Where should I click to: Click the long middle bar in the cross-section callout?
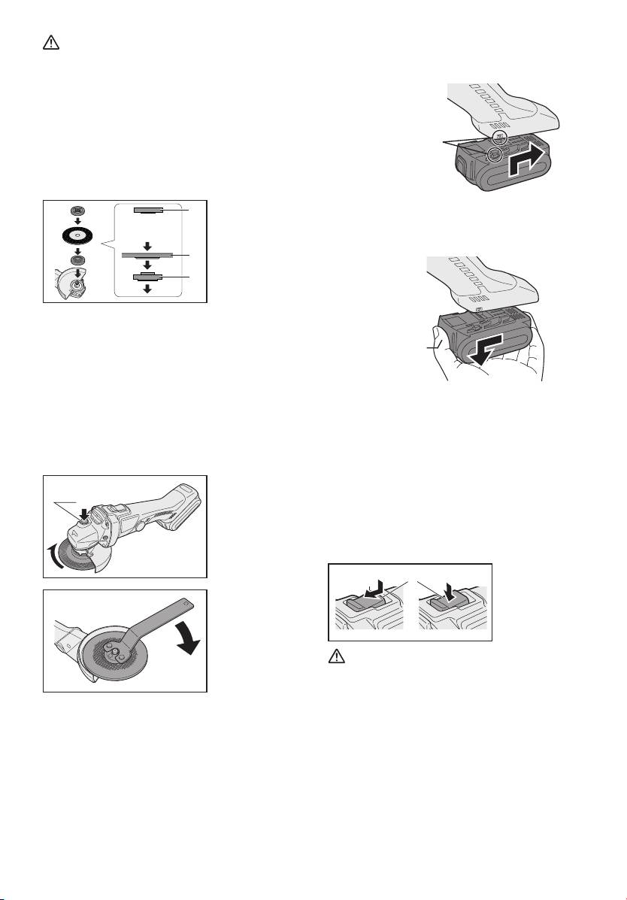pyautogui.click(x=147, y=256)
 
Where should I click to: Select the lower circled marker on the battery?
pyautogui.click(x=495, y=155)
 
